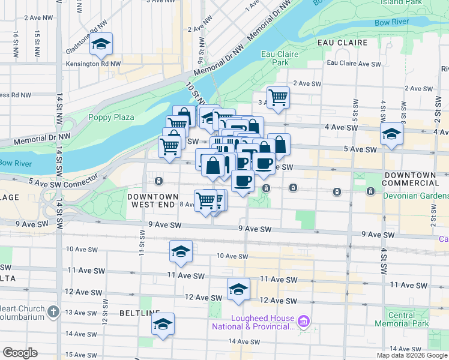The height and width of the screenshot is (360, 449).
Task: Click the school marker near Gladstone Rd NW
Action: pos(101,44)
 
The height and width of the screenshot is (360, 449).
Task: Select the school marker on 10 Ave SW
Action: pos(180,251)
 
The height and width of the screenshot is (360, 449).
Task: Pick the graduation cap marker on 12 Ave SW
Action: pos(238,290)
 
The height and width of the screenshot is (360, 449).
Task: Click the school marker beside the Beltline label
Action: pos(163,324)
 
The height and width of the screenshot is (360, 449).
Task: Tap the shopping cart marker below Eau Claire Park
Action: pos(278,97)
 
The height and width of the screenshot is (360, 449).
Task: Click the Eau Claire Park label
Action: pos(276,58)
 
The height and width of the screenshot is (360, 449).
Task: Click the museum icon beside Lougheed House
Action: pos(304,323)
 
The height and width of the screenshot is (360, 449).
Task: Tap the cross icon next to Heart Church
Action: pos(53,311)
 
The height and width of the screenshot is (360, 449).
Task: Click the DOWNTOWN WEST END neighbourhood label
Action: pos(152,200)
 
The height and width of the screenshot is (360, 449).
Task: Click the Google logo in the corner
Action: pos(20,353)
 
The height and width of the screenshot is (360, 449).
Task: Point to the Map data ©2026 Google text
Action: pos(411,355)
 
